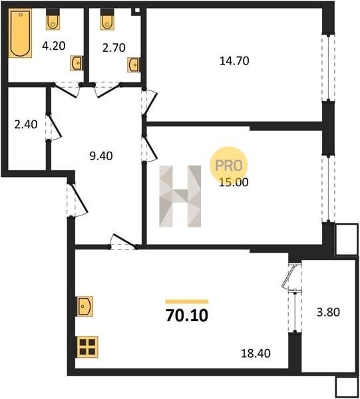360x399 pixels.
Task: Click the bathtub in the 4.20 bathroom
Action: (x=20, y=33)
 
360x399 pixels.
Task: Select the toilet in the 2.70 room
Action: (x=107, y=19)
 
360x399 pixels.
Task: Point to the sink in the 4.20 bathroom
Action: (x=77, y=63)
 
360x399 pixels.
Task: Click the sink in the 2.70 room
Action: (x=134, y=65)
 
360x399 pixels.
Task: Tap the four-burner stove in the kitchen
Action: (x=87, y=347)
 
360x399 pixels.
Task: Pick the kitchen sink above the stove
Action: (x=85, y=307)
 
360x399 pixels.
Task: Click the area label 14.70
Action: (x=234, y=61)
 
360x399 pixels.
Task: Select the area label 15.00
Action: (x=234, y=182)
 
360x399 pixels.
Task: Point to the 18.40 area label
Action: (x=256, y=354)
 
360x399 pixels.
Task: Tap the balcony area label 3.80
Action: (x=328, y=312)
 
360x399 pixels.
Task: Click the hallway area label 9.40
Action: (x=101, y=156)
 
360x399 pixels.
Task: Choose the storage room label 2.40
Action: (x=26, y=124)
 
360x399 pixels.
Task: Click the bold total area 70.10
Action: (x=187, y=315)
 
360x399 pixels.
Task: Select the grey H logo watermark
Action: (x=180, y=196)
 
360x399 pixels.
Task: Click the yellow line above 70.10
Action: (x=186, y=302)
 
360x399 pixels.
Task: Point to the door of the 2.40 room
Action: (x=54, y=127)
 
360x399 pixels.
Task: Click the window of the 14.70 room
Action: (x=329, y=68)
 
